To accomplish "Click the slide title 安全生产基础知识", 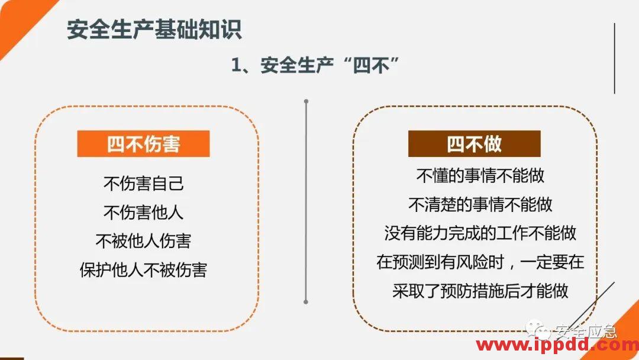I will click(x=154, y=30).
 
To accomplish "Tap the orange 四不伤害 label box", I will click(x=143, y=144).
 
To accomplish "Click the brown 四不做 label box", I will click(x=474, y=144).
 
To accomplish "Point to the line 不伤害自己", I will click(x=143, y=183).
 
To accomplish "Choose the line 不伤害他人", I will click(x=143, y=212).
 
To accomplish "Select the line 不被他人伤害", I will click(x=143, y=240).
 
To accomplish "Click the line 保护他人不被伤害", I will click(x=143, y=269).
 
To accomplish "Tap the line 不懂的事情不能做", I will click(x=480, y=175).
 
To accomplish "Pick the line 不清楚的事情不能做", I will click(x=480, y=204).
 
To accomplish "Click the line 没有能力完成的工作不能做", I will click(x=480, y=233).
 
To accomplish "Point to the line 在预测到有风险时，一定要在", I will click(x=480, y=262).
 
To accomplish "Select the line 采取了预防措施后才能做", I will click(x=480, y=291).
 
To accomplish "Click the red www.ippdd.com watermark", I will click(x=556, y=345).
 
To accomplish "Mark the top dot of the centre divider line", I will click(x=306, y=101).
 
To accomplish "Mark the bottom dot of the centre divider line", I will click(x=306, y=301).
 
